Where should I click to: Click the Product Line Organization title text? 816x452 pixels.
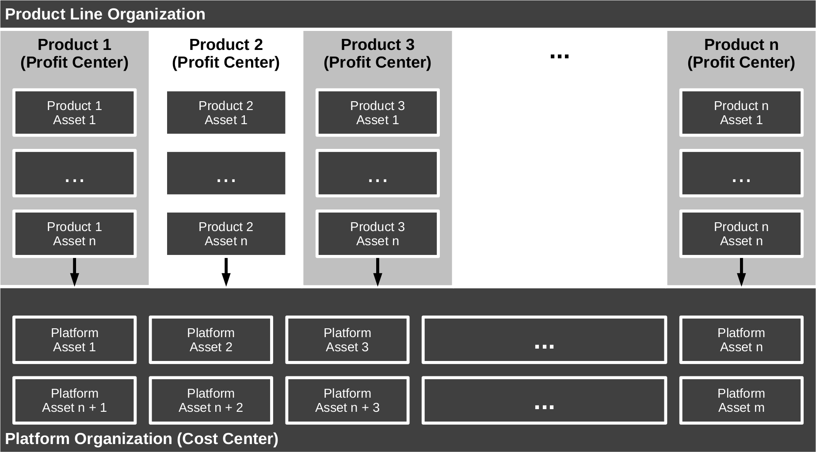tap(105, 14)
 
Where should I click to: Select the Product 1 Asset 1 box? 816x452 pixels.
tap(74, 113)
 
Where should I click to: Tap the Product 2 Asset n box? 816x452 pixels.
tap(226, 234)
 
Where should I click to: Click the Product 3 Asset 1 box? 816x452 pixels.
tap(377, 113)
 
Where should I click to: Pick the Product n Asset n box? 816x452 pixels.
tap(741, 234)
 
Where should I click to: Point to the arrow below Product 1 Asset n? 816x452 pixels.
tap(74, 272)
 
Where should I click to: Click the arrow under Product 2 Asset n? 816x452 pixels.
tap(226, 272)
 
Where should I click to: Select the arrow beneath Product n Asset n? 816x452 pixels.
tap(741, 272)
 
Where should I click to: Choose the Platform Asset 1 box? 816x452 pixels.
tap(74, 340)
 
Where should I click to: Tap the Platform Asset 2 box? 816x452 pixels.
tap(211, 340)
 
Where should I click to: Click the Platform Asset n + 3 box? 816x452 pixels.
tap(347, 400)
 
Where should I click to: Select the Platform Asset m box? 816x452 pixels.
tap(741, 400)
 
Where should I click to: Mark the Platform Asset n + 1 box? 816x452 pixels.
tap(74, 400)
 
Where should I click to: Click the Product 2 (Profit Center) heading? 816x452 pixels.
tap(226, 53)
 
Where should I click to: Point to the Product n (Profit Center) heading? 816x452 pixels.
tap(741, 53)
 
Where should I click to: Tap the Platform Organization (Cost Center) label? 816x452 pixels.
tap(141, 439)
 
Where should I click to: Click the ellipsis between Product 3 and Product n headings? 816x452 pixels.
tap(559, 56)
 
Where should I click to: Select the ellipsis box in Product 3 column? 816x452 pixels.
tap(377, 173)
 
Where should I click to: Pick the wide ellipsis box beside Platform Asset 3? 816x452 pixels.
tap(544, 340)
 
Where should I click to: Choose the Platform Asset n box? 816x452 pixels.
tap(741, 340)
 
